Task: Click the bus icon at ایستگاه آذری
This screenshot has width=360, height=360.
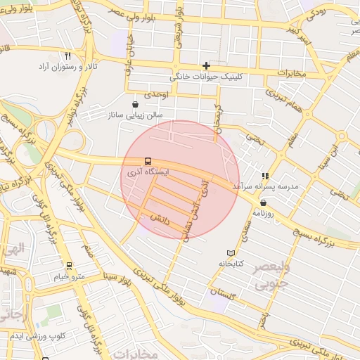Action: coord(147,160)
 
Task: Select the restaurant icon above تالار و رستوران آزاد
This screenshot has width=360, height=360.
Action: coord(67,56)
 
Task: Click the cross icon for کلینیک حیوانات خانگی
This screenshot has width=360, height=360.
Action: coord(206,65)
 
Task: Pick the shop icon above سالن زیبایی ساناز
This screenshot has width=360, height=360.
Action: coord(134,105)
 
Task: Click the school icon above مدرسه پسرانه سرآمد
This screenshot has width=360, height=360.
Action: coord(265,176)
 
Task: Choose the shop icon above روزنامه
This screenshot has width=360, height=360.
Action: coord(263,202)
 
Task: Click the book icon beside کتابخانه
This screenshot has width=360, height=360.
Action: coord(231,253)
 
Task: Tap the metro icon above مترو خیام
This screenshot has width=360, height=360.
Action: coord(69,266)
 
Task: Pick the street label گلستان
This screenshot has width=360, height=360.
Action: coord(222,290)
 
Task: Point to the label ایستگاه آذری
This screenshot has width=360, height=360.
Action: coord(143,172)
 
